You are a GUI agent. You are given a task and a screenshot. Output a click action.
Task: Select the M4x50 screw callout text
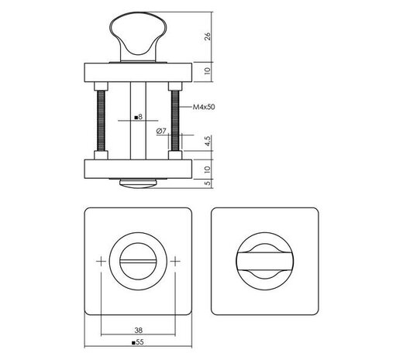coord(204,109)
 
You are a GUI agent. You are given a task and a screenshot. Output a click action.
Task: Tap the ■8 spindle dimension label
coord(137,118)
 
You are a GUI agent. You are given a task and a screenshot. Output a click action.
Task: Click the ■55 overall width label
coord(139,341)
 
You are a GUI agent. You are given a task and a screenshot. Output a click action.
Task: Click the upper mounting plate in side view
coord(139,70)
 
